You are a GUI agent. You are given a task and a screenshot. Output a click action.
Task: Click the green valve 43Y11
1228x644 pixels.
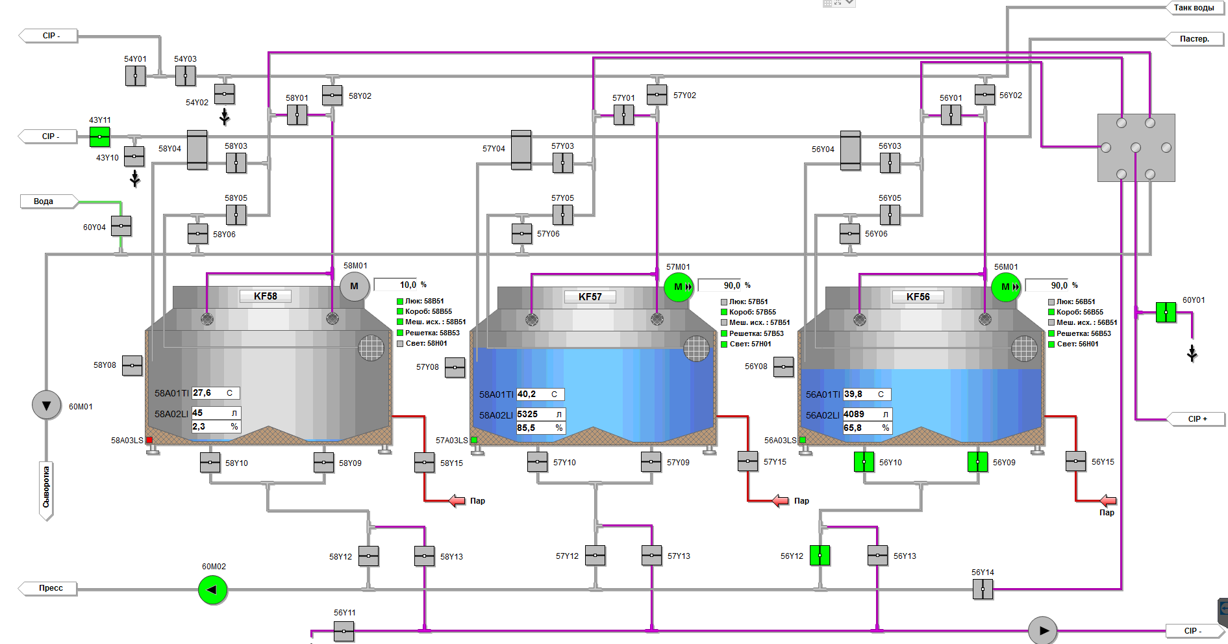pyautogui.click(x=99, y=137)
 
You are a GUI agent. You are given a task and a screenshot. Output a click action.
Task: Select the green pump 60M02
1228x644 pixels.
pyautogui.click(x=212, y=590)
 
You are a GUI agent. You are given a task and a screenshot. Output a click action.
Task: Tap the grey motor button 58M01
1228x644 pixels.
pyautogui.click(x=355, y=286)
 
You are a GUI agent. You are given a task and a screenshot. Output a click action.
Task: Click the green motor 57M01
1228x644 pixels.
pyautogui.click(x=679, y=287)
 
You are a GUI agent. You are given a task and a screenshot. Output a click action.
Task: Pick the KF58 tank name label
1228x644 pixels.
pyautogui.click(x=265, y=296)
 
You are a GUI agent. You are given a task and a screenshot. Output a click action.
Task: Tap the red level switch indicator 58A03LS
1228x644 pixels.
pyautogui.click(x=149, y=440)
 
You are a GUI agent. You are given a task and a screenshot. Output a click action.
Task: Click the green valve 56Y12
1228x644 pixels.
pyautogui.click(x=820, y=556)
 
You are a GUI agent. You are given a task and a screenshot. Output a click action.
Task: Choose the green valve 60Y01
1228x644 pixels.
pyautogui.click(x=1166, y=313)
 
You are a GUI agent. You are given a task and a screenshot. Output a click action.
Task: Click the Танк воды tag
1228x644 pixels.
pyautogui.click(x=1194, y=8)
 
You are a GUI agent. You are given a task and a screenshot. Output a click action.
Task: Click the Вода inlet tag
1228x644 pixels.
pyautogui.click(x=44, y=201)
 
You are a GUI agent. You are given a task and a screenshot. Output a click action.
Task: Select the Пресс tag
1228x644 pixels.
pyautogui.click(x=51, y=588)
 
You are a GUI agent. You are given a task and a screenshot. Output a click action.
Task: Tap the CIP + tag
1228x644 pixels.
pyautogui.click(x=1197, y=419)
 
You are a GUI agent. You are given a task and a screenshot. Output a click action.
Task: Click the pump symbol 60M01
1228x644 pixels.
pyautogui.click(x=47, y=406)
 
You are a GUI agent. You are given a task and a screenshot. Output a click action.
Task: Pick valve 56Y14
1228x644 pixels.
pyautogui.click(x=983, y=589)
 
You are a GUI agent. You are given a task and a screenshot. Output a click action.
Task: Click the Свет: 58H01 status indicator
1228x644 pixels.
pyautogui.click(x=400, y=343)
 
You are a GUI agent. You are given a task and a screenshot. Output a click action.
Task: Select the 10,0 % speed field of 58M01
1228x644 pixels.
pyautogui.click(x=400, y=285)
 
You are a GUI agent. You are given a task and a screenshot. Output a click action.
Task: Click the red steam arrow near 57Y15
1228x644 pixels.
pyautogui.click(x=780, y=500)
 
